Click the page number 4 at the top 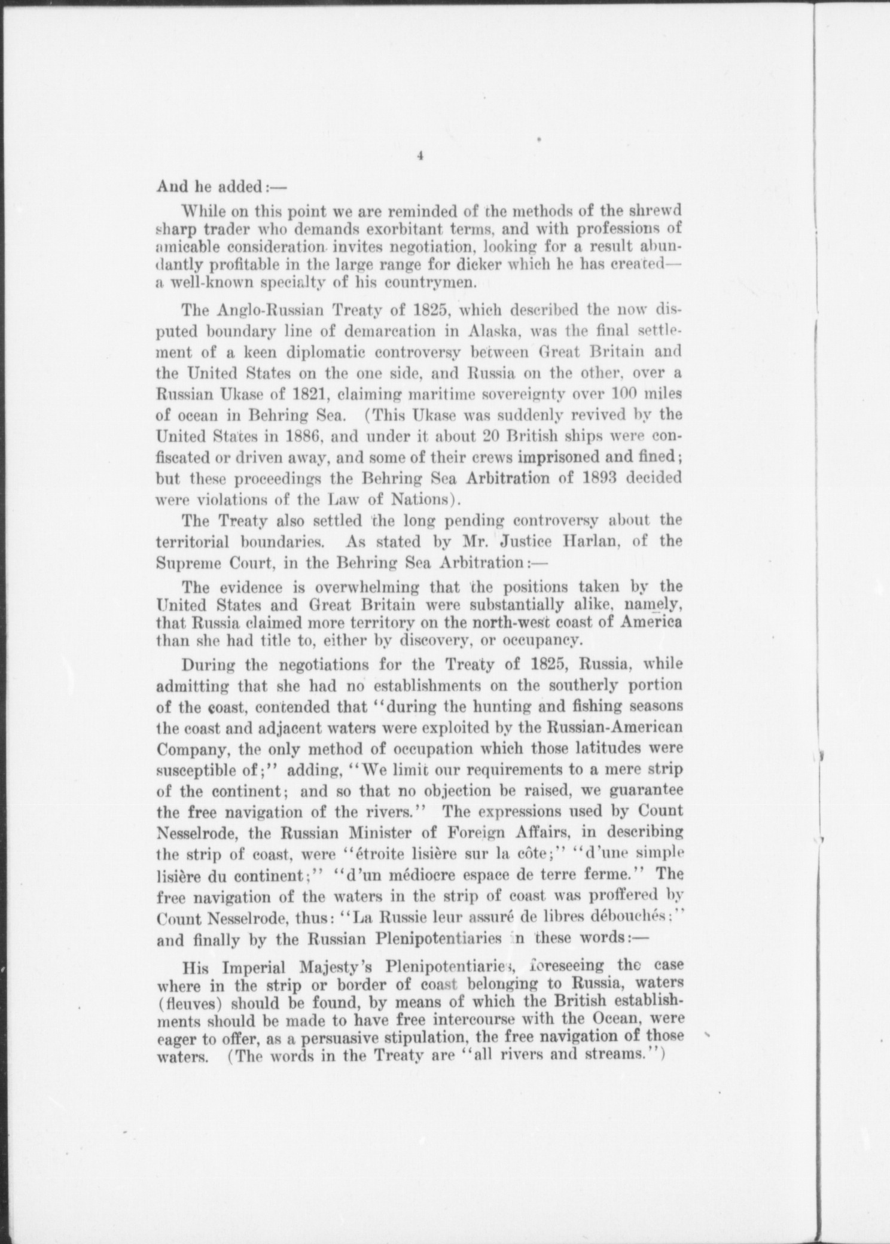420,155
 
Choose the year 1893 587,478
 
